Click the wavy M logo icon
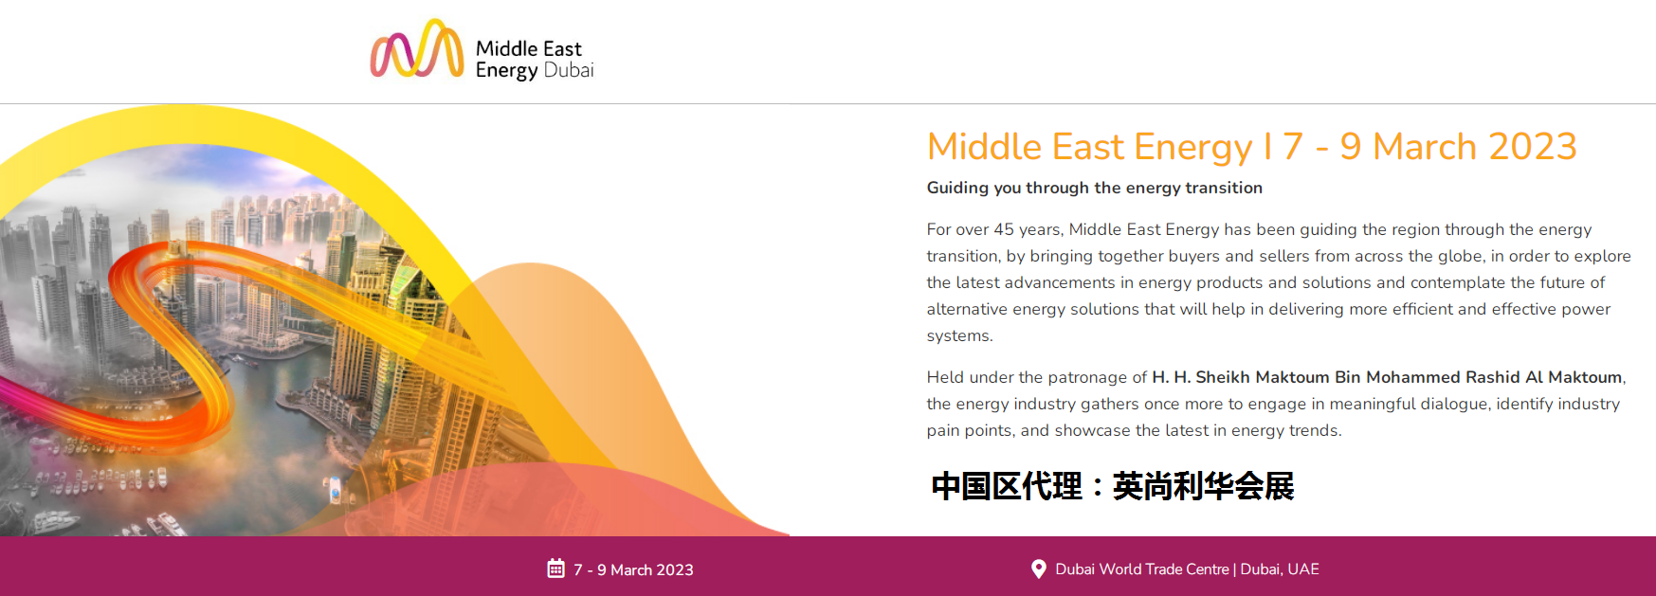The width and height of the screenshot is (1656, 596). pyautogui.click(x=417, y=48)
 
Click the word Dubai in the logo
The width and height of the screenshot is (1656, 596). pyautogui.click(x=569, y=70)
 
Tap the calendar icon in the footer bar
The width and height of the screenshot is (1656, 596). pyautogui.click(x=556, y=569)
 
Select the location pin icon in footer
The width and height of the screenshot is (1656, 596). pyautogui.click(x=1039, y=569)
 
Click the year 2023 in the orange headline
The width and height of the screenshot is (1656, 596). pyautogui.click(x=1533, y=146)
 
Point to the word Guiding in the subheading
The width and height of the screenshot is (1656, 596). pyautogui.click(x=957, y=188)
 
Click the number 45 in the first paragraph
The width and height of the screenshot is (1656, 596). pyautogui.click(x=1004, y=229)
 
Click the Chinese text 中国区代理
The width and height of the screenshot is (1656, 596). pyautogui.click(x=1007, y=486)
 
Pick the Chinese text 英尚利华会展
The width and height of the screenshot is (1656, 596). pyautogui.click(x=1204, y=486)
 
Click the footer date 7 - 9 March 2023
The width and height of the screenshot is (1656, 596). pyautogui.click(x=633, y=569)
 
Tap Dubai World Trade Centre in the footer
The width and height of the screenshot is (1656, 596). pyautogui.click(x=1142, y=569)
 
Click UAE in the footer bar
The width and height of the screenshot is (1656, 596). pyautogui.click(x=1303, y=569)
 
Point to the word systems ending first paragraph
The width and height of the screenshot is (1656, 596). pyautogui.click(x=959, y=336)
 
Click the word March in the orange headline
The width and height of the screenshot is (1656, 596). pyautogui.click(x=1425, y=146)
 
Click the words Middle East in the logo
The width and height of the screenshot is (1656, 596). pyautogui.click(x=529, y=48)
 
